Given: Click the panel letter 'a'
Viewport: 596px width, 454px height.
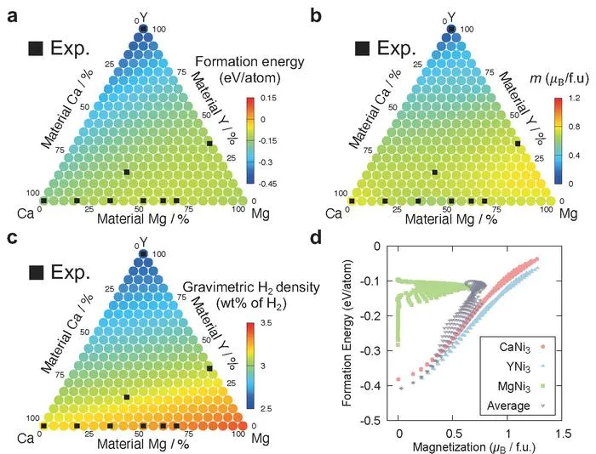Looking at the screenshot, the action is click(13, 16).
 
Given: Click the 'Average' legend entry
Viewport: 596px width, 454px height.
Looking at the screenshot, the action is click(517, 406).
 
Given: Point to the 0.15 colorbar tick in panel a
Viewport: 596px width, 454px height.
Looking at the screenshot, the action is click(269, 99).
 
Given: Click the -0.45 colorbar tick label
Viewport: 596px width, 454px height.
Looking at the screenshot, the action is click(267, 184).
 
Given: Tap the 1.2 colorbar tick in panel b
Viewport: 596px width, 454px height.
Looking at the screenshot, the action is click(575, 99).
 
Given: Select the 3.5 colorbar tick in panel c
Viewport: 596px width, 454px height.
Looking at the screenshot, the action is click(266, 323).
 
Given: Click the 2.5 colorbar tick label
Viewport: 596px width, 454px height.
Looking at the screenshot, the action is click(266, 409).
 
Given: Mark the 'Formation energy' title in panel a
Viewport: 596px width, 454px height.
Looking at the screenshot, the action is click(249, 62).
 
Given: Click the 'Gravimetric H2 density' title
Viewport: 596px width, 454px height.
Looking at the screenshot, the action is click(251, 287).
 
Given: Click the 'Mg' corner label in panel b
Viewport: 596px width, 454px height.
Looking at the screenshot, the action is click(568, 213).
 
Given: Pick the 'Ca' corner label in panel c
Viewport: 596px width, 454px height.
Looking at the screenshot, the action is click(26, 439).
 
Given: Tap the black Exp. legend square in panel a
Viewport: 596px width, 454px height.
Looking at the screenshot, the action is click(36, 48).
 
